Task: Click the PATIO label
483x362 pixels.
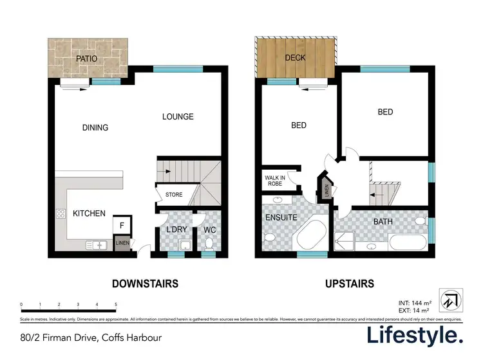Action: (x=86, y=59)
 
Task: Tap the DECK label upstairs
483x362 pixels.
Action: (x=295, y=58)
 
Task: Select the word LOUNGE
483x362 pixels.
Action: (x=178, y=116)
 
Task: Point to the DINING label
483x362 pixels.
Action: (x=95, y=127)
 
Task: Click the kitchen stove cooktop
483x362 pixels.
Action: (x=62, y=214)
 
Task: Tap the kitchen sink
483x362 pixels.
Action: (x=99, y=244)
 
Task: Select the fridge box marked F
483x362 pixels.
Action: (x=122, y=225)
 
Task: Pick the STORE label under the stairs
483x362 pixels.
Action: (x=174, y=195)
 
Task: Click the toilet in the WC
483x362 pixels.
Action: (x=209, y=243)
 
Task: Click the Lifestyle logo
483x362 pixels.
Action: (x=415, y=335)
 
